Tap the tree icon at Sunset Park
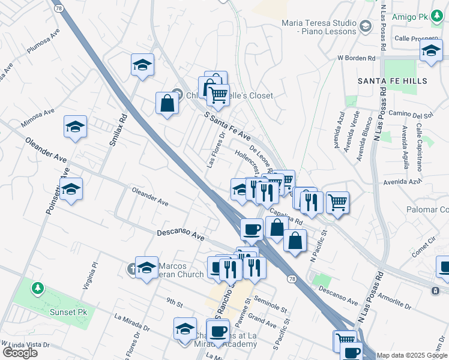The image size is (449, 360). pyautogui.click(x=38, y=289)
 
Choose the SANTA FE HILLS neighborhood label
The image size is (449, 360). pyautogui.click(x=392, y=80)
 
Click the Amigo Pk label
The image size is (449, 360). pyautogui.click(x=409, y=17)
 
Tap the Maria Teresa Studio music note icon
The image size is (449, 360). pyautogui.click(x=366, y=25)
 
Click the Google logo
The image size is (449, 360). pyautogui.click(x=20, y=352)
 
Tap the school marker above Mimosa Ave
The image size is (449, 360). pyautogui.click(x=76, y=126)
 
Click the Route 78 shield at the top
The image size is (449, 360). pyautogui.click(x=58, y=9)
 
